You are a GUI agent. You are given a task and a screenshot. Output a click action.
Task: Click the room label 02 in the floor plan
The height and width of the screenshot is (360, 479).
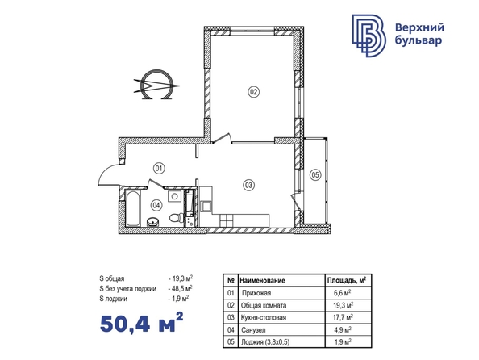[253, 92]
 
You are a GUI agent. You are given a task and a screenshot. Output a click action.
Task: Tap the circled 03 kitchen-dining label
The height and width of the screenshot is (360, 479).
[248, 185]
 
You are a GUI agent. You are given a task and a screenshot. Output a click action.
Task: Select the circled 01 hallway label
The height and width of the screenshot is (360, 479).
[159, 168]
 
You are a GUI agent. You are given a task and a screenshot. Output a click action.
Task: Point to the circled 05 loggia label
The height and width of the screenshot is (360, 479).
[315, 175]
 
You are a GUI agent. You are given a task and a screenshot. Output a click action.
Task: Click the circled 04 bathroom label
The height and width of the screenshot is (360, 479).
[156, 205]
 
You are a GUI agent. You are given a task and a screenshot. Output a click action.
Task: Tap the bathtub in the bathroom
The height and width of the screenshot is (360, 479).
[133, 208]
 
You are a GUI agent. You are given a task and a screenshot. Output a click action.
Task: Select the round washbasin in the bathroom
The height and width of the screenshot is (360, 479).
[153, 222]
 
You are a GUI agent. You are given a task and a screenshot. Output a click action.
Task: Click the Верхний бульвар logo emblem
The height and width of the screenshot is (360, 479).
[369, 36]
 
